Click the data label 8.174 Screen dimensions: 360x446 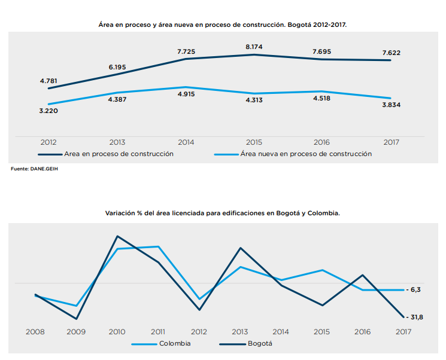[x=254, y=46]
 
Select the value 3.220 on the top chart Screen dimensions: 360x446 [x=49, y=111]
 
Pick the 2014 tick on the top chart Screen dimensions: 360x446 [x=186, y=142]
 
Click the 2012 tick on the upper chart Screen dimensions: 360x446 [x=49, y=142]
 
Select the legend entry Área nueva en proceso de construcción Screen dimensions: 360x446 [x=306, y=154]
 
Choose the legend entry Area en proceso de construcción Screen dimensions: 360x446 [x=119, y=154]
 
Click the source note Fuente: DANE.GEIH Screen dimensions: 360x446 [x=35, y=169]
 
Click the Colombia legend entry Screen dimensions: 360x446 [x=175, y=344]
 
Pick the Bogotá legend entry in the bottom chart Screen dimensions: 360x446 [x=259, y=344]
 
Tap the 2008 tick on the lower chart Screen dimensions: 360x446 [x=36, y=331]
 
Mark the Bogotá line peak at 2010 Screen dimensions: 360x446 [x=117, y=236]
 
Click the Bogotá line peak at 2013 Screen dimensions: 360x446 [x=240, y=248]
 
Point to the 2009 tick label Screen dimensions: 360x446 [x=76, y=331]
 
